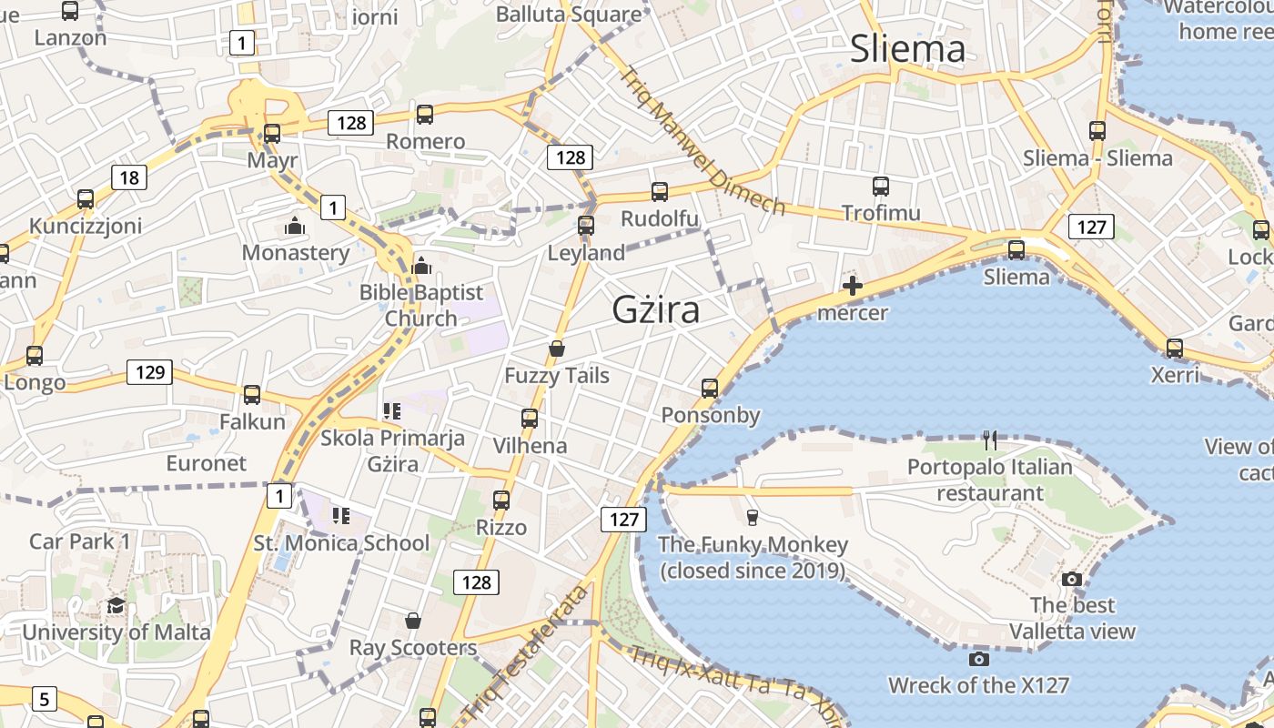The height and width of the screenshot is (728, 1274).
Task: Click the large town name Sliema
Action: click(907, 49)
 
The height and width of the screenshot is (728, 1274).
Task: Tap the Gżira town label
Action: click(656, 310)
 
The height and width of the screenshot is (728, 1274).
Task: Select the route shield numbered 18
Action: click(129, 177)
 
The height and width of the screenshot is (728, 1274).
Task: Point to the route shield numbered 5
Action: click(44, 699)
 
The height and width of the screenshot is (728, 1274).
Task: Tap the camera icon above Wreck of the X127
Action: click(979, 659)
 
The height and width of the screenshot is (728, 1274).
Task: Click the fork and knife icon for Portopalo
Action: click(990, 440)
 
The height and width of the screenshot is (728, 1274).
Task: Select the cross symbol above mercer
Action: click(853, 287)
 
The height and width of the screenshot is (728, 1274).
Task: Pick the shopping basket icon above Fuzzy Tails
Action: click(557, 349)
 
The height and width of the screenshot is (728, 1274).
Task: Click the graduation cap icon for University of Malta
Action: click(116, 606)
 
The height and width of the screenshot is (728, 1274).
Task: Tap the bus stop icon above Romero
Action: click(425, 115)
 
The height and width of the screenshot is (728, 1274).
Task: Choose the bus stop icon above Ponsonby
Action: click(710, 389)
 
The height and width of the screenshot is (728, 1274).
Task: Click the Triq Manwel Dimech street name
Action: click(703, 140)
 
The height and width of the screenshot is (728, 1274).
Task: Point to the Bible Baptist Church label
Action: click(420, 305)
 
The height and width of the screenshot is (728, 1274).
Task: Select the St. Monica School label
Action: click(341, 543)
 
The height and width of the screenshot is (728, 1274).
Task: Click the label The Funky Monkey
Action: click(753, 545)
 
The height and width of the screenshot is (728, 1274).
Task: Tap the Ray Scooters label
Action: click(413, 648)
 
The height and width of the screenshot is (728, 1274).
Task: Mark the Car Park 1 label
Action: click(80, 541)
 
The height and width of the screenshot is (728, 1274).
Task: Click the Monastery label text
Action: click(296, 253)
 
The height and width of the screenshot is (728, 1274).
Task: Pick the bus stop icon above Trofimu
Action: click(880, 187)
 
